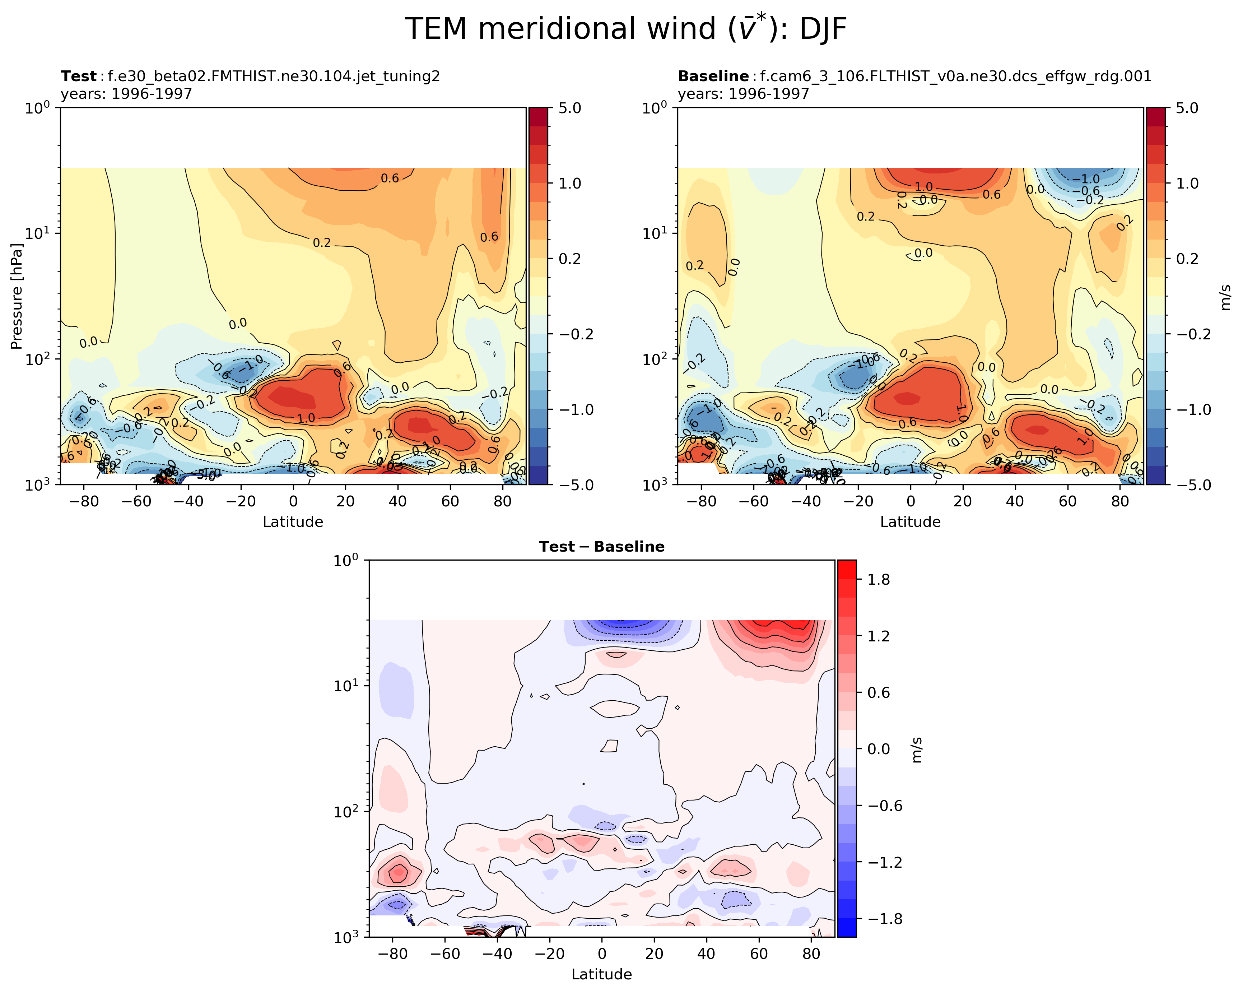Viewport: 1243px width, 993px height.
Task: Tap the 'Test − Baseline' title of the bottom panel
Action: (x=601, y=547)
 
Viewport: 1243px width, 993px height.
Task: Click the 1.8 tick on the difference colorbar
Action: (x=879, y=580)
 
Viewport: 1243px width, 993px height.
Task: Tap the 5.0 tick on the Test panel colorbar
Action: (x=569, y=108)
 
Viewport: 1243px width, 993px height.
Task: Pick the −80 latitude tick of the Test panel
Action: (x=84, y=501)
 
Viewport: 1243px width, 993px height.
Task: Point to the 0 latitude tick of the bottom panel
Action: (x=602, y=953)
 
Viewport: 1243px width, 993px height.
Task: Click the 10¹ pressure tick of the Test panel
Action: (x=37, y=233)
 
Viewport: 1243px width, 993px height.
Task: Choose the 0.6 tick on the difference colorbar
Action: (x=879, y=692)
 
